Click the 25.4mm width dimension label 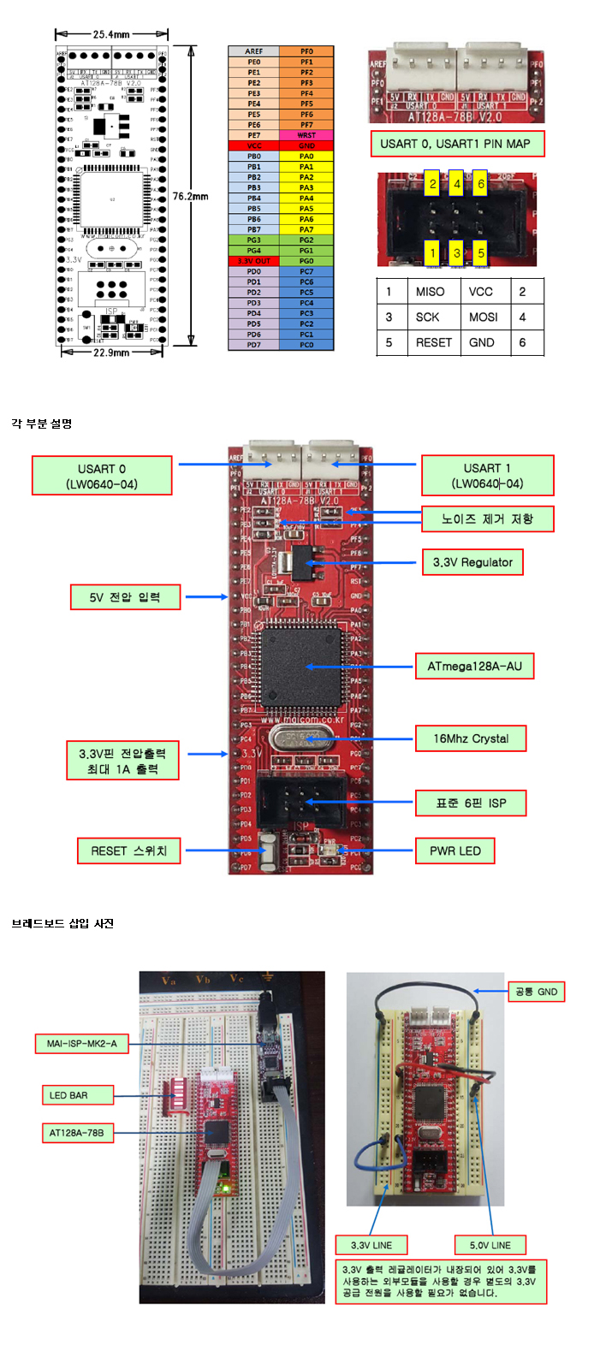click(x=111, y=34)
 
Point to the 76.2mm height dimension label click(x=190, y=196)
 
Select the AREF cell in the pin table click(x=254, y=51)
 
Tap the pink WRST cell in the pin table click(x=306, y=135)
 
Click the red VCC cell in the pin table click(x=254, y=145)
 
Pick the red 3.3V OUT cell click(x=254, y=261)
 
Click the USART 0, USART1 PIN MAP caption click(x=456, y=144)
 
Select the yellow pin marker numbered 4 click(x=457, y=184)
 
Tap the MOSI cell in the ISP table click(x=484, y=317)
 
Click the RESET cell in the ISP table click(x=434, y=342)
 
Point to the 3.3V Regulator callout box click(x=472, y=562)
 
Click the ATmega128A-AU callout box click(x=474, y=666)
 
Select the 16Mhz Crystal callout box click(x=471, y=738)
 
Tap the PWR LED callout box click(x=455, y=850)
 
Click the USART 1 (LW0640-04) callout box click(x=487, y=476)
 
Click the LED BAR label click(x=68, y=1095)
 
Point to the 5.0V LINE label click(x=490, y=1245)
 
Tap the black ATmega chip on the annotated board click(x=302, y=666)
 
